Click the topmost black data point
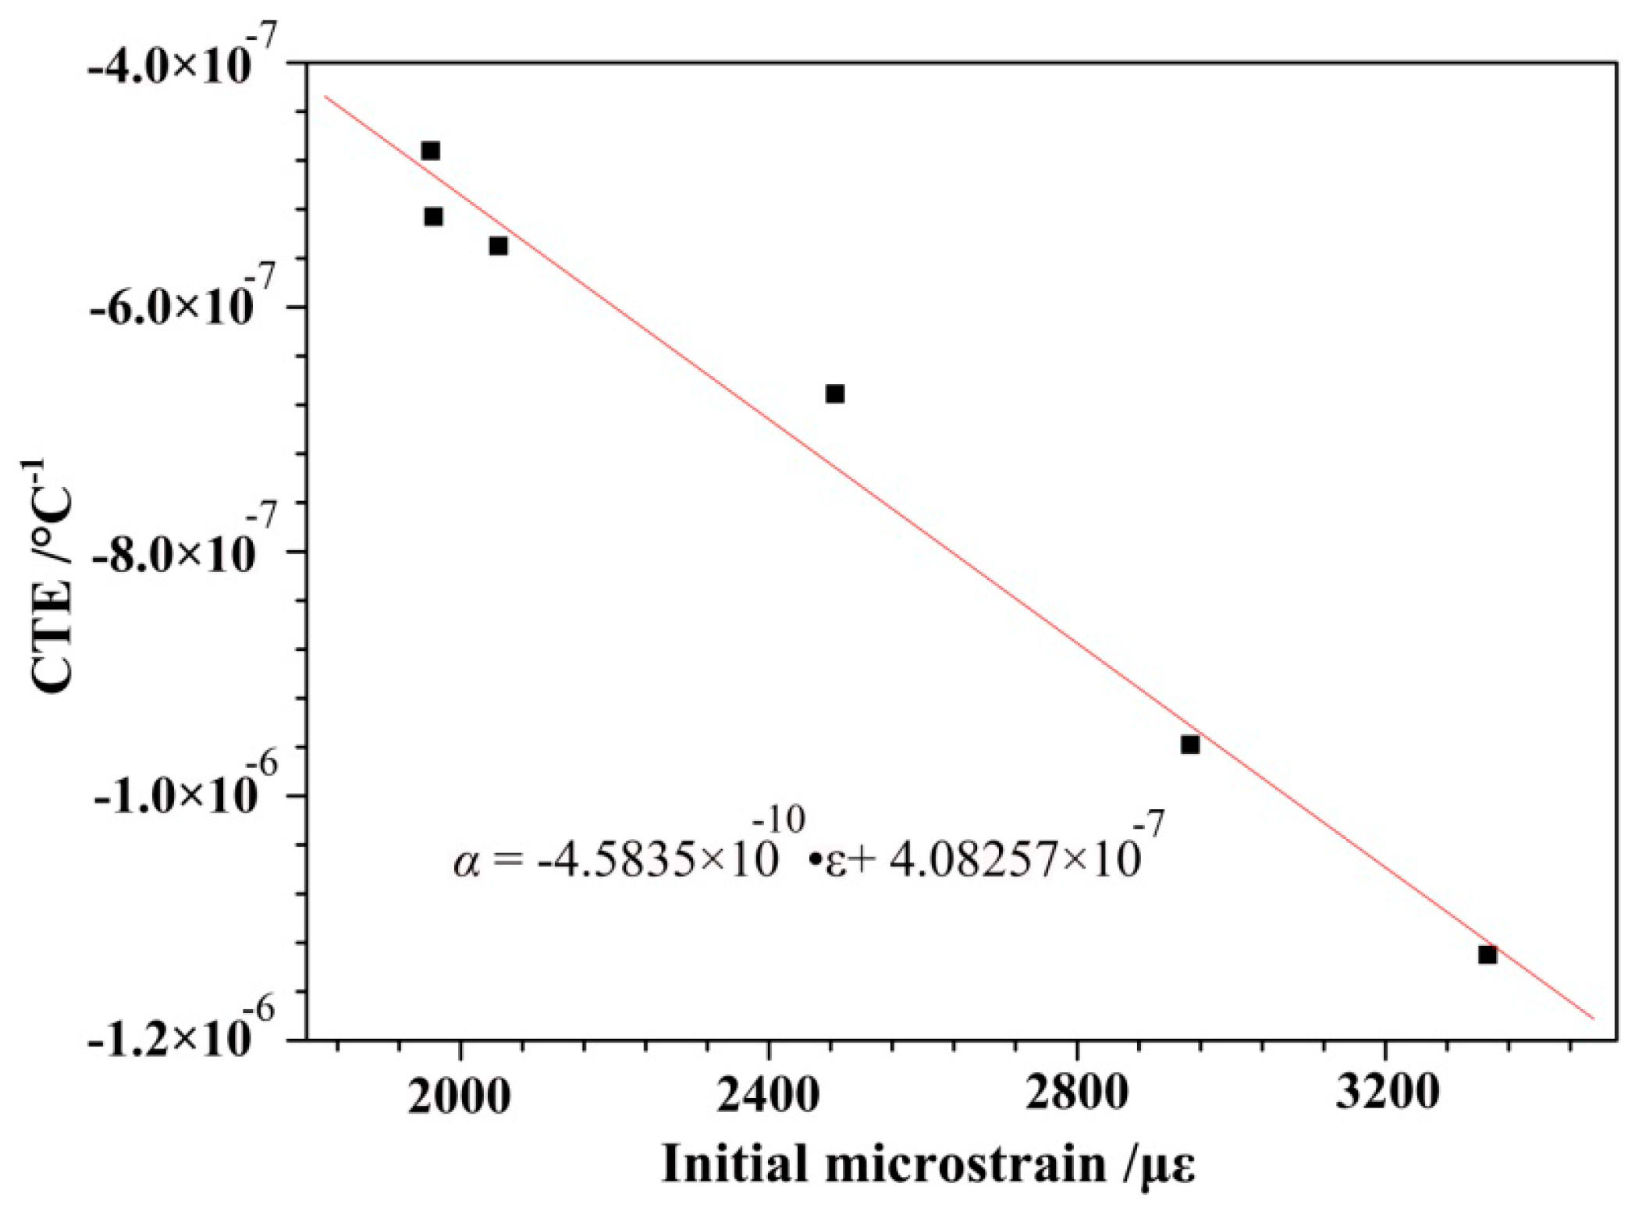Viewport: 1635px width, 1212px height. (430, 151)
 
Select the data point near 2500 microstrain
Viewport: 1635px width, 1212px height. (835, 393)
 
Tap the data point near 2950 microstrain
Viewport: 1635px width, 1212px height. (1190, 745)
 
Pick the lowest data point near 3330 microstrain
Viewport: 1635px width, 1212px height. (1487, 954)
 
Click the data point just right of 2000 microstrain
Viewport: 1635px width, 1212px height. (499, 247)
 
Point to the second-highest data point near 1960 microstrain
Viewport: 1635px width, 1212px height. (434, 217)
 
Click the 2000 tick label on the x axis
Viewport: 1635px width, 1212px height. (460, 1095)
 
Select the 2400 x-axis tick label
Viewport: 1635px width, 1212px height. (768, 1095)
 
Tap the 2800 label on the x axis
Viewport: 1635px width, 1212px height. (1076, 1095)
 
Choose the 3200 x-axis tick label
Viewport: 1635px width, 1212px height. (1384, 1095)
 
